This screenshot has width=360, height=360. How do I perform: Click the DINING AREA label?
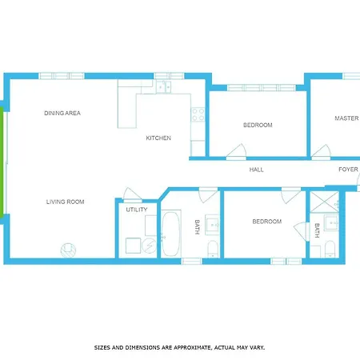click(x=62, y=113)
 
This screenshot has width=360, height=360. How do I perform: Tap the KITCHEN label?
click(x=158, y=138)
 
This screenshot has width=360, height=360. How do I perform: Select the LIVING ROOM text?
click(x=66, y=202)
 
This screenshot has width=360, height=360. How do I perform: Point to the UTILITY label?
click(x=137, y=210)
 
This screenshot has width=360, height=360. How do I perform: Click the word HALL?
click(x=256, y=170)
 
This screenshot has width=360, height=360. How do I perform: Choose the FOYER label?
click(x=348, y=170)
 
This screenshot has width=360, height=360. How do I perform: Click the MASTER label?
click(x=346, y=118)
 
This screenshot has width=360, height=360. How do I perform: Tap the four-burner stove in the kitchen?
click(x=198, y=114)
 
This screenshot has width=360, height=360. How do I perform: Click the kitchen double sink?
click(x=163, y=86)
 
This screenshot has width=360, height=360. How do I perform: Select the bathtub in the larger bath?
click(x=170, y=234)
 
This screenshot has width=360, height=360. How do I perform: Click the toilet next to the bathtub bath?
click(x=213, y=249)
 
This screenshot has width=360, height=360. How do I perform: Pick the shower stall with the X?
click(x=325, y=202)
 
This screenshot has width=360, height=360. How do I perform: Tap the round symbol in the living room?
click(x=68, y=250)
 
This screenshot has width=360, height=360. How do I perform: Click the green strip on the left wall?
click(x=2, y=162)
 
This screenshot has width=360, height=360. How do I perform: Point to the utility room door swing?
click(x=131, y=194)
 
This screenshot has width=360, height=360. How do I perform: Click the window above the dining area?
click(x=62, y=76)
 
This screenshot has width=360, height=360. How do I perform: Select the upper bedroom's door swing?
click(x=237, y=151)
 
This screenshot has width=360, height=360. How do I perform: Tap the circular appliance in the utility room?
click(x=150, y=246)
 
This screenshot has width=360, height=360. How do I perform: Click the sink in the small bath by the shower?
click(x=331, y=222)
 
